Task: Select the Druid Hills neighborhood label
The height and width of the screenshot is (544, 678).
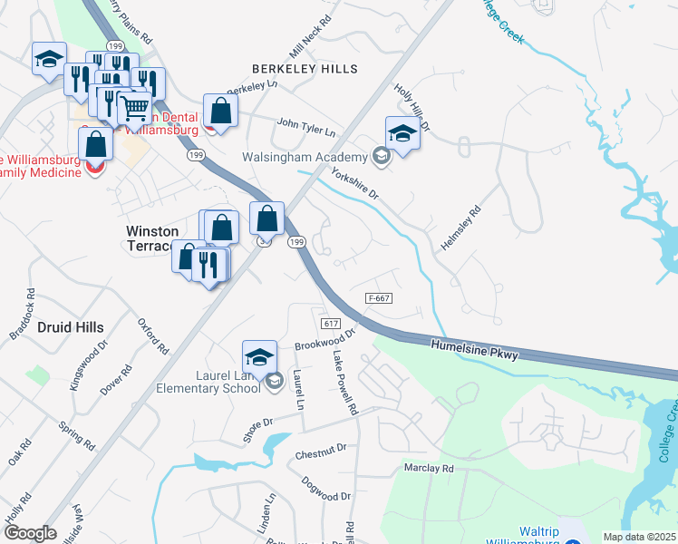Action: (70, 326)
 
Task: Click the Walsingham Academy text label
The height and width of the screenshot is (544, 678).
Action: (305, 157)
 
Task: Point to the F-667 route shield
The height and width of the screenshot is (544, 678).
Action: (380, 298)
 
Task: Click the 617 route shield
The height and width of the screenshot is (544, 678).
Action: (330, 324)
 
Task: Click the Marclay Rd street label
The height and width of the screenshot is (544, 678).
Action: (428, 469)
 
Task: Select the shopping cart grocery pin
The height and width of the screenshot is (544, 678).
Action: (135, 109)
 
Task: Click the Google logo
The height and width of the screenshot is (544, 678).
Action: (30, 533)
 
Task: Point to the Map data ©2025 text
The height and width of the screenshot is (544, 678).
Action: (639, 537)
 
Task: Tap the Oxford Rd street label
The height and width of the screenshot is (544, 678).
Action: (153, 336)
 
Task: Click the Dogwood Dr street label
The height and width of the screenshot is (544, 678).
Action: (326, 491)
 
